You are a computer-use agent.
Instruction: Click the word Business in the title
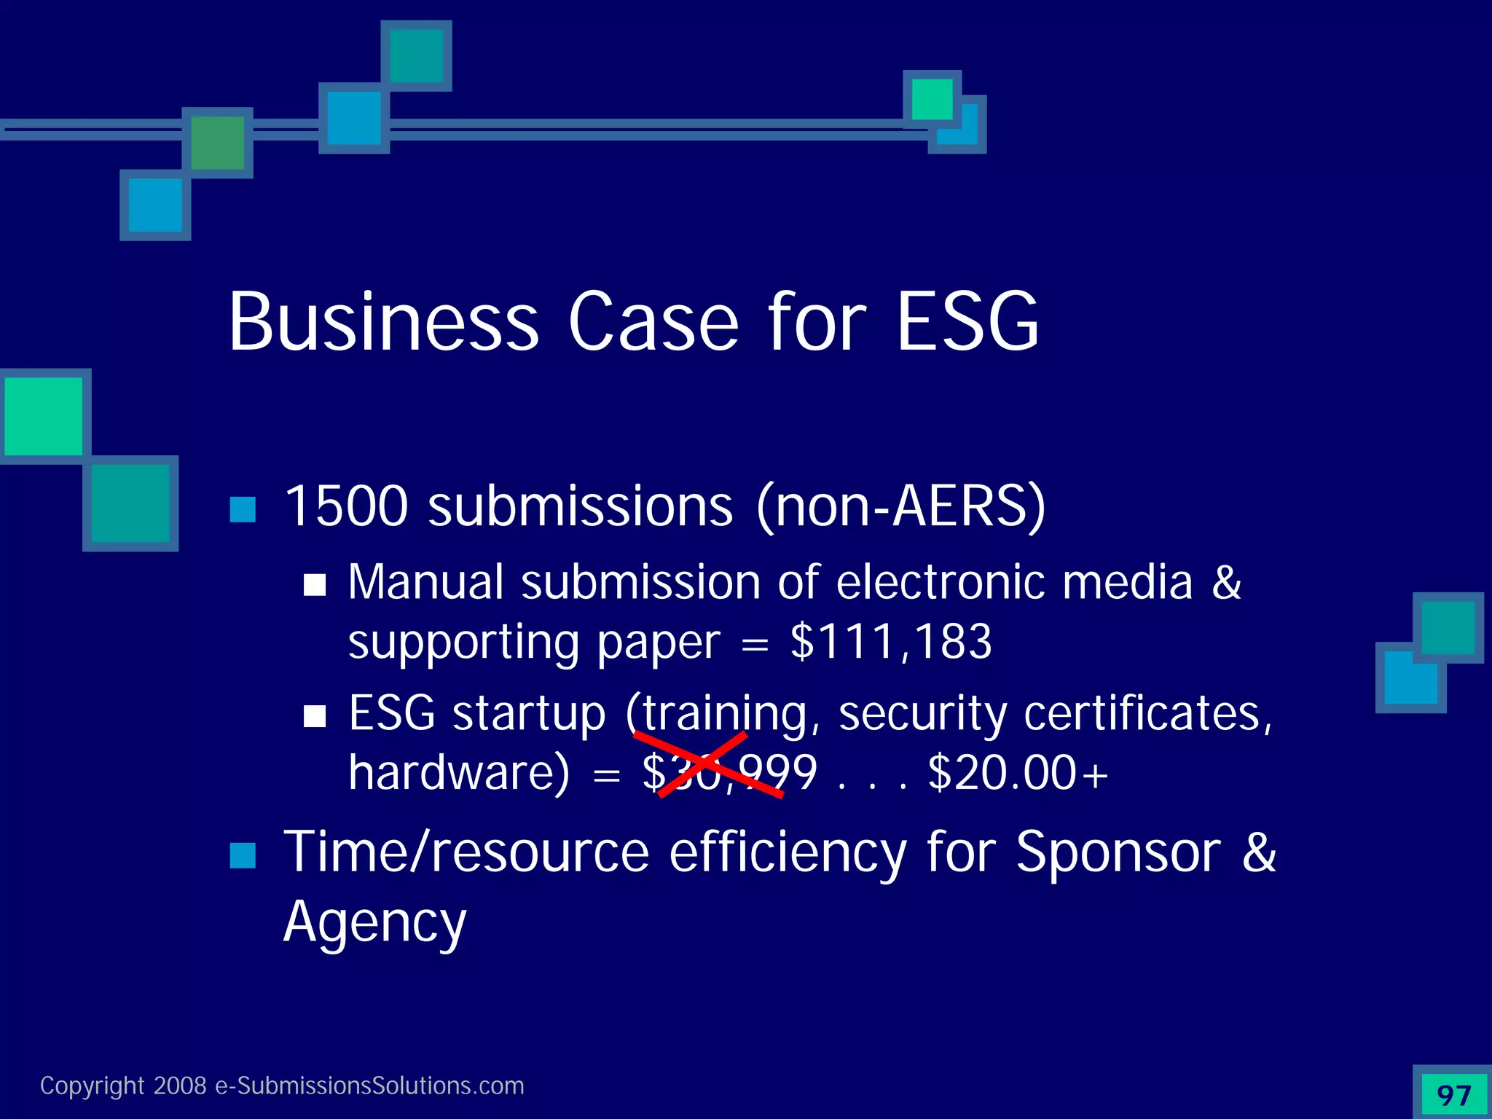(x=384, y=322)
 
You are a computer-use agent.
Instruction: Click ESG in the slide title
(x=967, y=322)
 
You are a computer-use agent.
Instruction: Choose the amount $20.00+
(x=1018, y=772)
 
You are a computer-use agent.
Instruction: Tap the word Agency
(x=374, y=922)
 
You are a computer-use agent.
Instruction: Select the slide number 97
(x=1453, y=1095)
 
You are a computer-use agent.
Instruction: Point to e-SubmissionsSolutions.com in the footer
(x=369, y=1086)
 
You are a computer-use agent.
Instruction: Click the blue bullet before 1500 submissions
(x=243, y=509)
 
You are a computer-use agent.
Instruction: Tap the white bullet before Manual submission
(x=315, y=584)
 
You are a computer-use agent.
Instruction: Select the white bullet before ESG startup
(x=315, y=715)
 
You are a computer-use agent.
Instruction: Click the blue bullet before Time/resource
(x=243, y=855)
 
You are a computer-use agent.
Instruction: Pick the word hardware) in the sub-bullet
(x=459, y=772)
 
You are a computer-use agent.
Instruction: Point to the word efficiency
(x=788, y=852)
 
